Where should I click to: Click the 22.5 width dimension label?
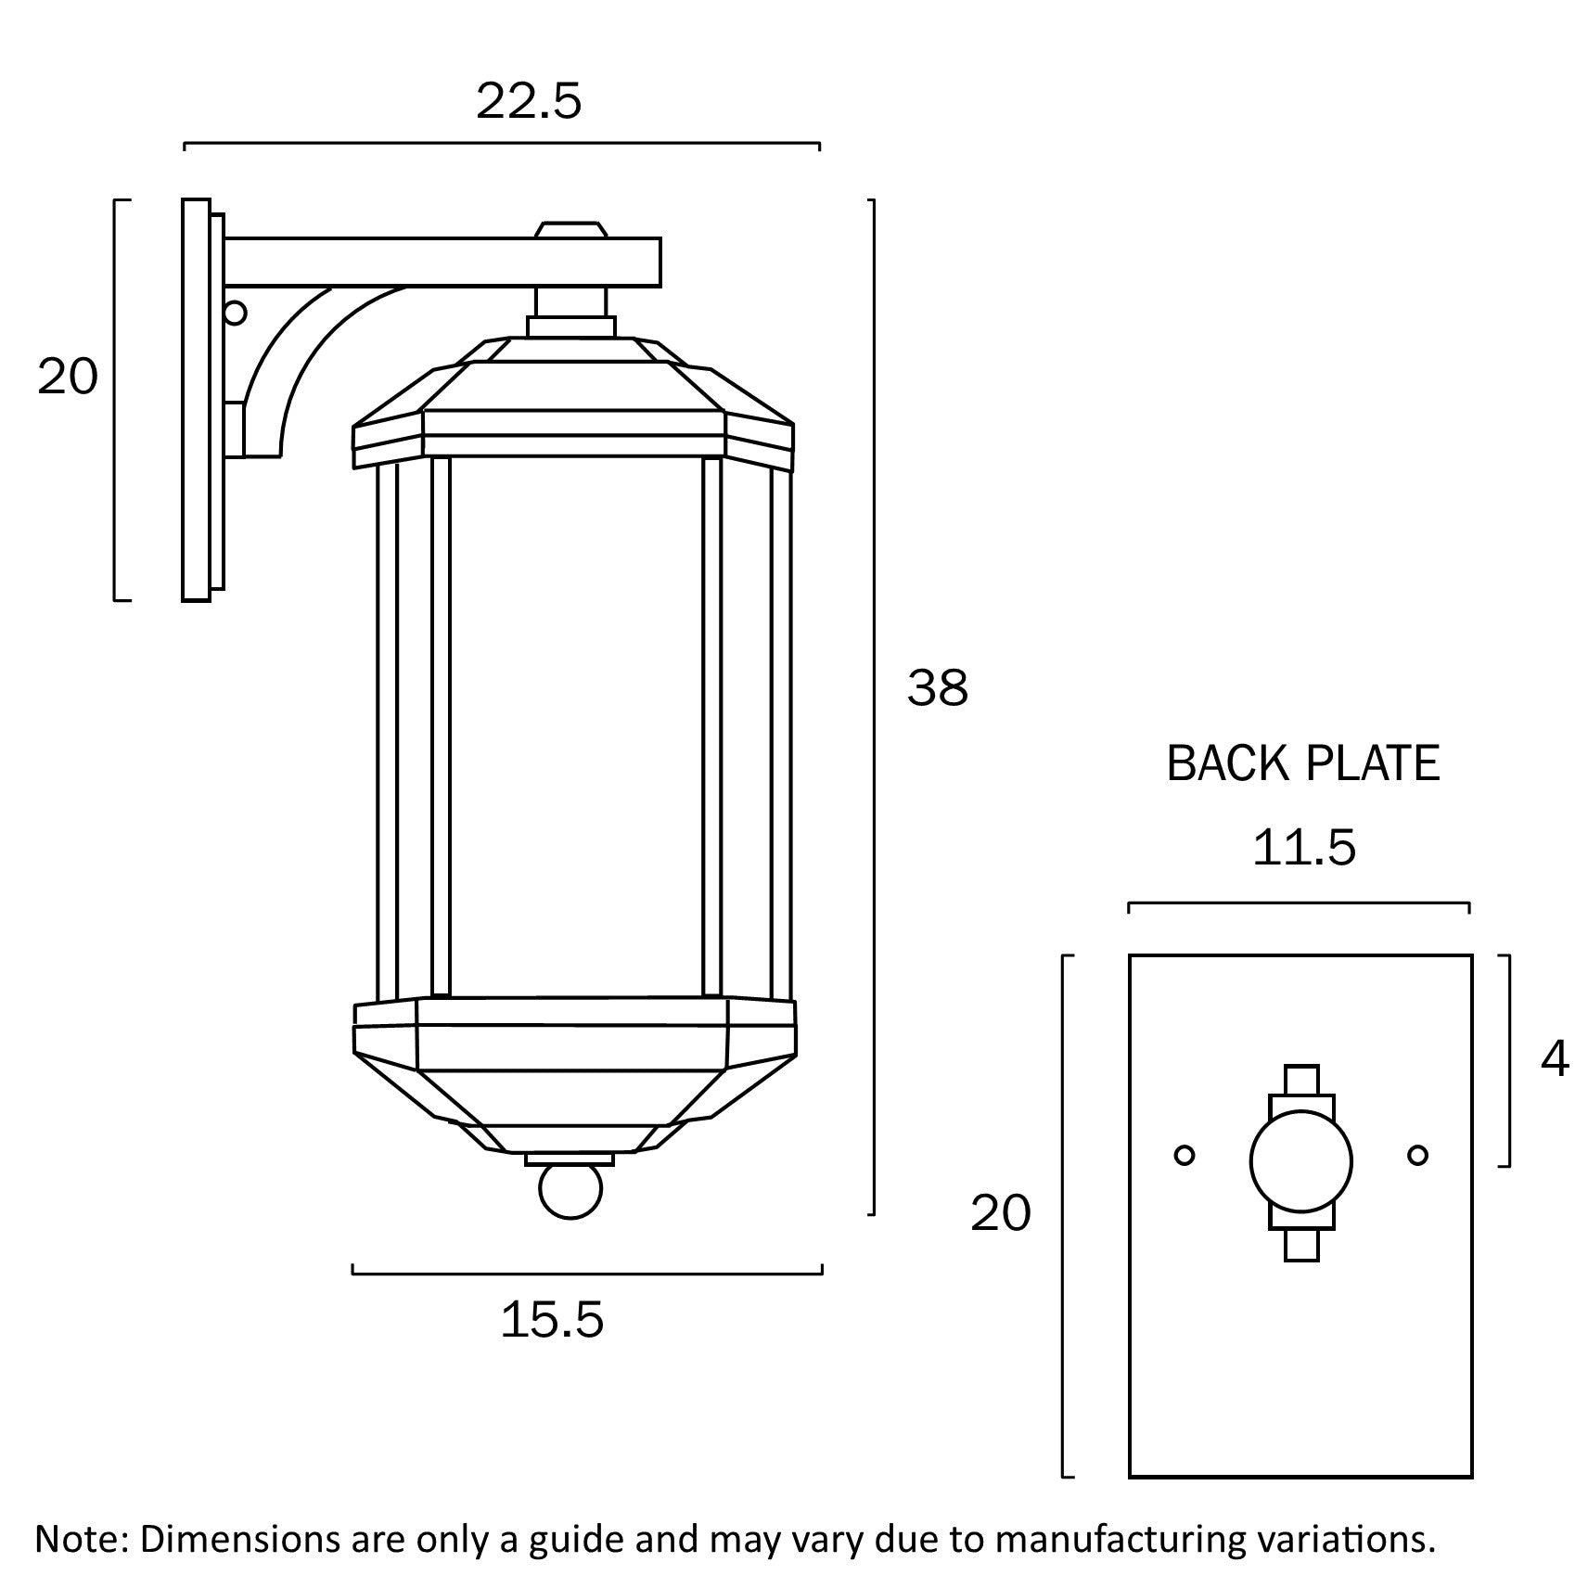point(529,102)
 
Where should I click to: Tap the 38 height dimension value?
point(938,688)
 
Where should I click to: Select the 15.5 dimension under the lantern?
point(552,1320)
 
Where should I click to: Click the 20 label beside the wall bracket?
point(67,378)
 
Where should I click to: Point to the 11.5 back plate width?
point(1303,848)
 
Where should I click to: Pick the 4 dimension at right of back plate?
point(1555,1058)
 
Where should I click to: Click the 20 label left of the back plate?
point(1000,1213)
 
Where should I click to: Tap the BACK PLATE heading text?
point(1302,764)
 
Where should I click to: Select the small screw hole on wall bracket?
point(235,313)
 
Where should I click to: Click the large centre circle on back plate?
point(1300,1161)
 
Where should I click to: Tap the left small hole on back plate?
point(1184,1156)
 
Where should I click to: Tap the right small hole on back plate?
point(1417,1156)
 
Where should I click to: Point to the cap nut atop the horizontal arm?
point(571,229)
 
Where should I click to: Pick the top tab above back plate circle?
point(1301,1080)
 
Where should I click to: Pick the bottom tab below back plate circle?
point(1301,1245)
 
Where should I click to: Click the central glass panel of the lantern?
point(575,724)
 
